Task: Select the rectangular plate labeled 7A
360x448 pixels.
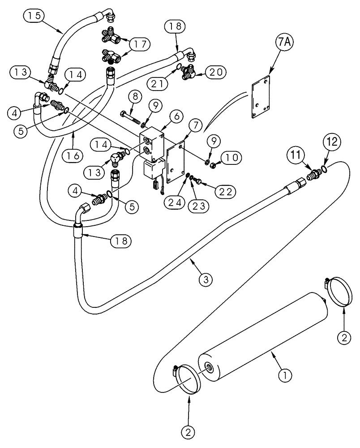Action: tap(260, 98)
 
